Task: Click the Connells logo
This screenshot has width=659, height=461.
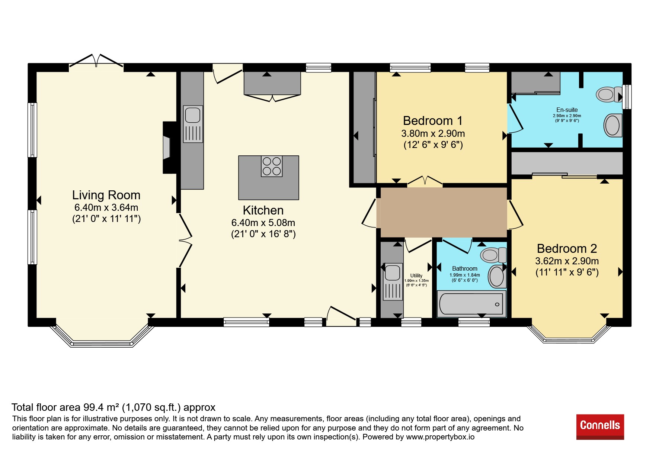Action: tap(600, 427)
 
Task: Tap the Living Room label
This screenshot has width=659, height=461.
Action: tap(106, 195)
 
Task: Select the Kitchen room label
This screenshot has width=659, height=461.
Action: tap(263, 210)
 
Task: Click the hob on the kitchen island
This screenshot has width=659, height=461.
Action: tap(272, 166)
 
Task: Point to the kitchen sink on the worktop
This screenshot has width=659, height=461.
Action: tap(193, 124)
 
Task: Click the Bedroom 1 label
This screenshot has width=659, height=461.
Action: tap(433, 121)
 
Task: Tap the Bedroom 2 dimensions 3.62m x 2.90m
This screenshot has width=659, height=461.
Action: tap(567, 261)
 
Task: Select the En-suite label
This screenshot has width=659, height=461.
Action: tap(567, 110)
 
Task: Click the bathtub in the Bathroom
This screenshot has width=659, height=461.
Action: tap(471, 304)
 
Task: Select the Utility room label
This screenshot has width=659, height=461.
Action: tap(416, 275)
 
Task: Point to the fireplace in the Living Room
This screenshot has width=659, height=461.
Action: tap(169, 148)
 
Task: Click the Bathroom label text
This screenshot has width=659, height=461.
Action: tap(465, 268)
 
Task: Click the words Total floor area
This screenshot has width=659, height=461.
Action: tap(46, 407)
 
